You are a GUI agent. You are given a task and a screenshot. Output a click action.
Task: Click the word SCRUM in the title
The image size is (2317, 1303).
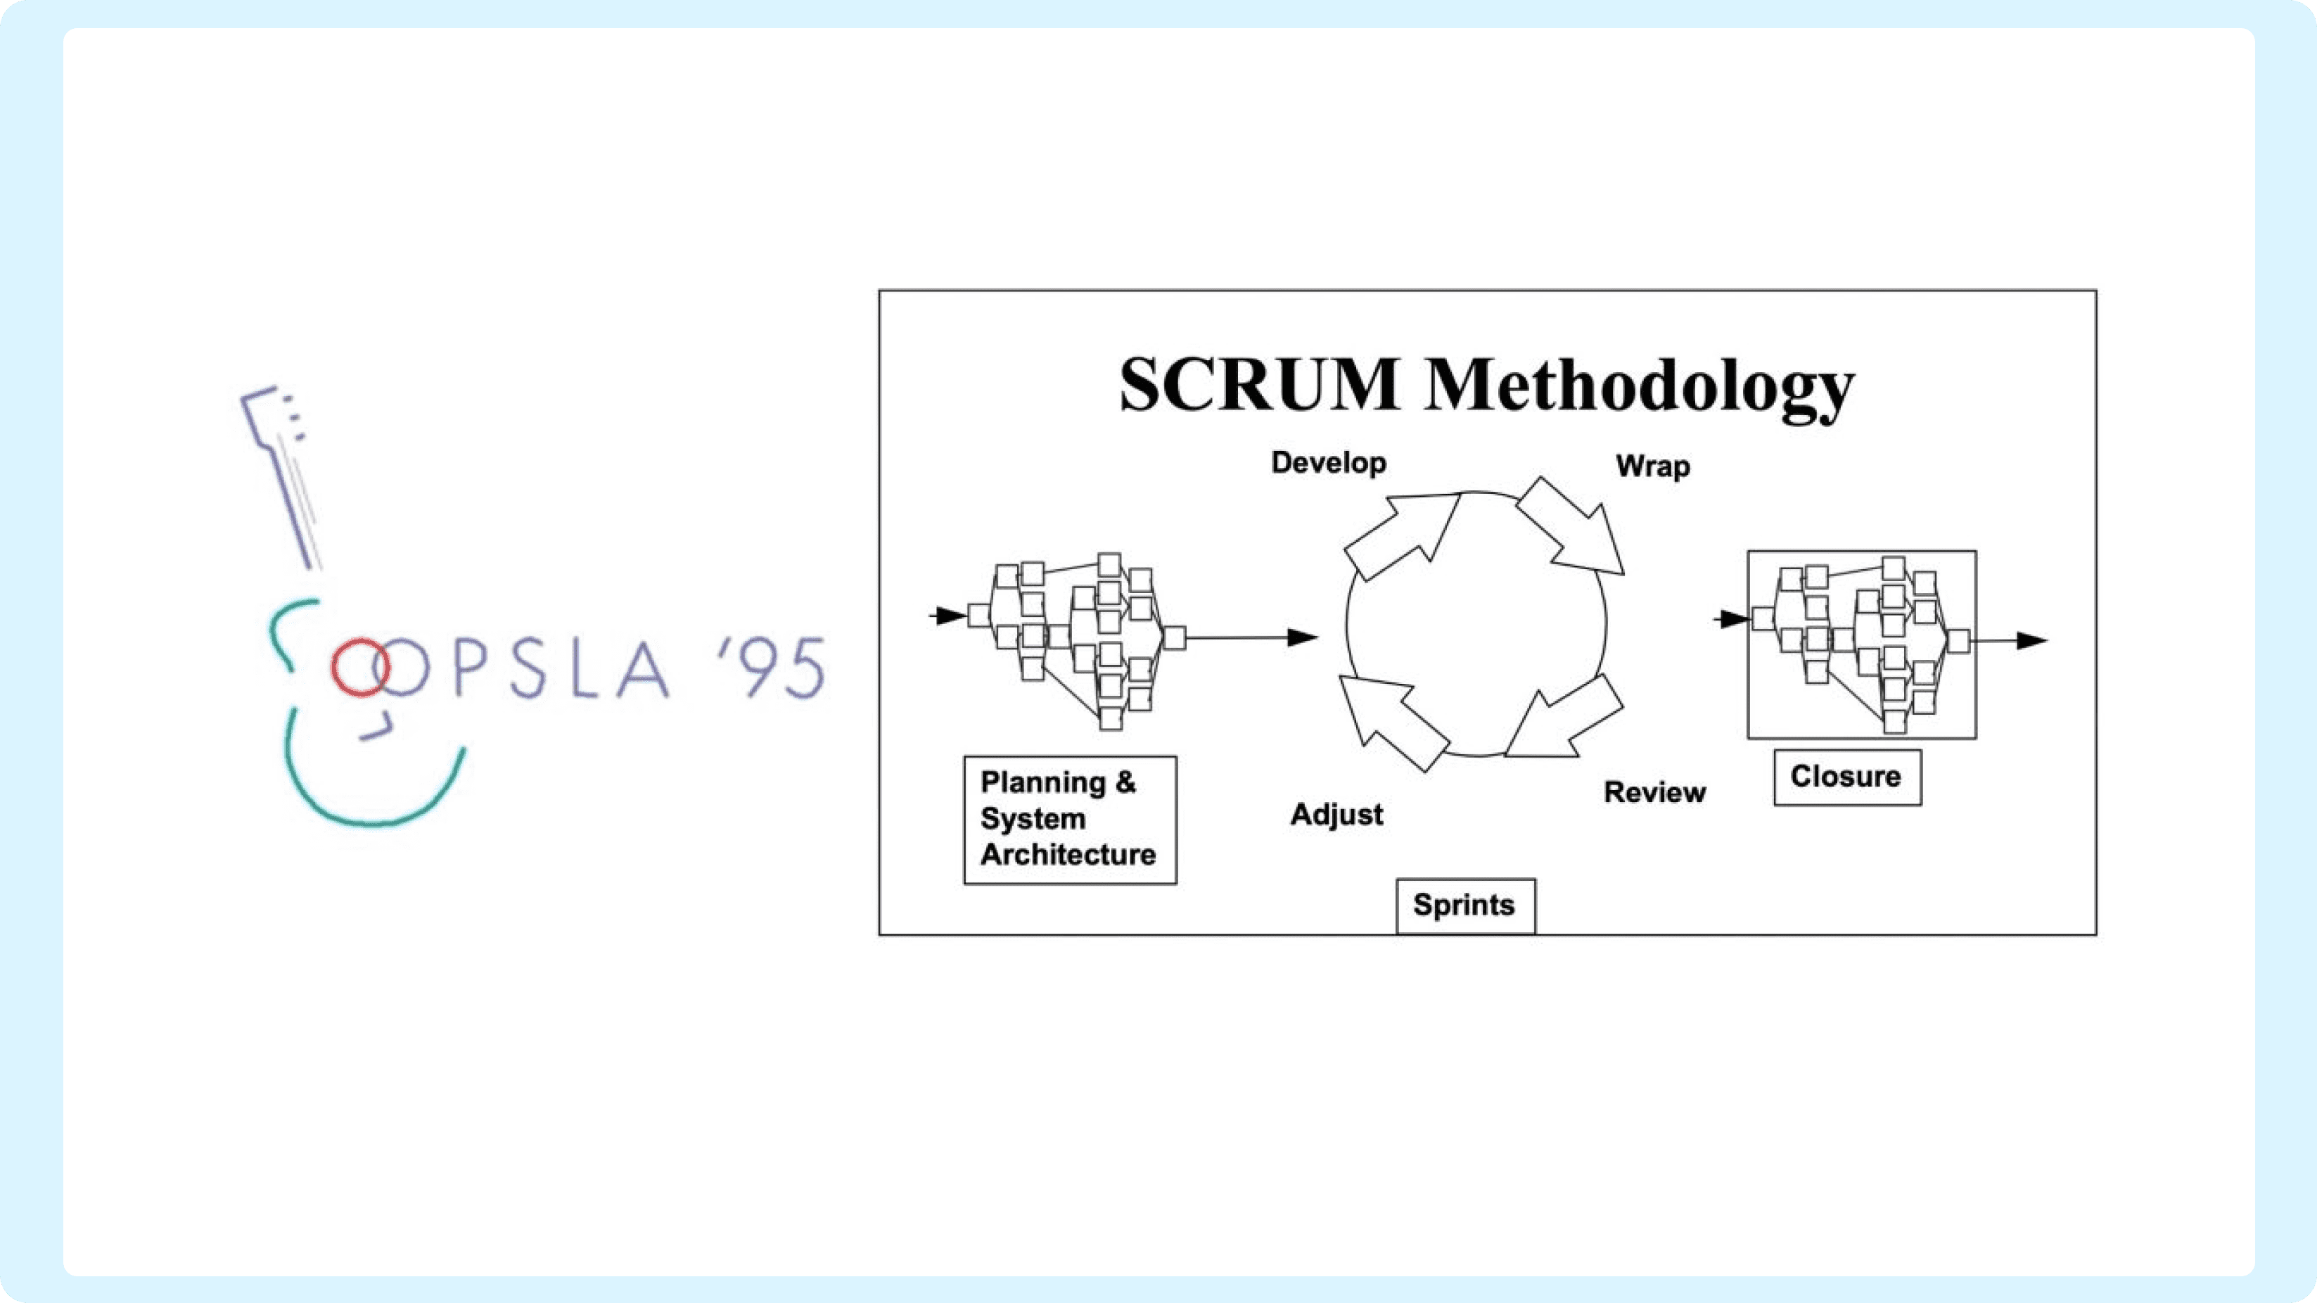coord(1259,384)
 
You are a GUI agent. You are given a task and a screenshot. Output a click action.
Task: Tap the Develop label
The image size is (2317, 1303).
coord(1329,462)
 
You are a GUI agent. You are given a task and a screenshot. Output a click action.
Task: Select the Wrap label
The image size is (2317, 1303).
coord(1653,466)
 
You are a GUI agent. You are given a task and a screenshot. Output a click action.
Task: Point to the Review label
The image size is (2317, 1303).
coord(1655,792)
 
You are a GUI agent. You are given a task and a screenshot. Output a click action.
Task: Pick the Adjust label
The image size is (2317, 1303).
coord(1336,815)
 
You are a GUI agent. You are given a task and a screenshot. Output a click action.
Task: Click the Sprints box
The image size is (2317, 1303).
coord(1465,905)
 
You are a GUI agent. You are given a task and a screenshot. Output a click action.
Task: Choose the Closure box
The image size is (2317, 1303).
coord(1848,777)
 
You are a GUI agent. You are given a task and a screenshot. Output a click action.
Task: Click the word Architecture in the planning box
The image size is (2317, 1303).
coord(1068,854)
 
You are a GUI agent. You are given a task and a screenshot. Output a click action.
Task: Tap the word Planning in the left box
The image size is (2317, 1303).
coord(1043,782)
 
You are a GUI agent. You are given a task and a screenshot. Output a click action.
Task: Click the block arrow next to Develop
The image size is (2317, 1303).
coord(1403,535)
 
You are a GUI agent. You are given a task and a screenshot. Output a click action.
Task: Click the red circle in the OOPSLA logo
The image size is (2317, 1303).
coord(359,667)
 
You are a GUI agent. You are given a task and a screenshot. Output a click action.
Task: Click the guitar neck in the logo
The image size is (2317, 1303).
coord(281,477)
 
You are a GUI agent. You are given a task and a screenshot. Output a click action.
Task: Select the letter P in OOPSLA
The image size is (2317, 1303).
coord(471,668)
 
